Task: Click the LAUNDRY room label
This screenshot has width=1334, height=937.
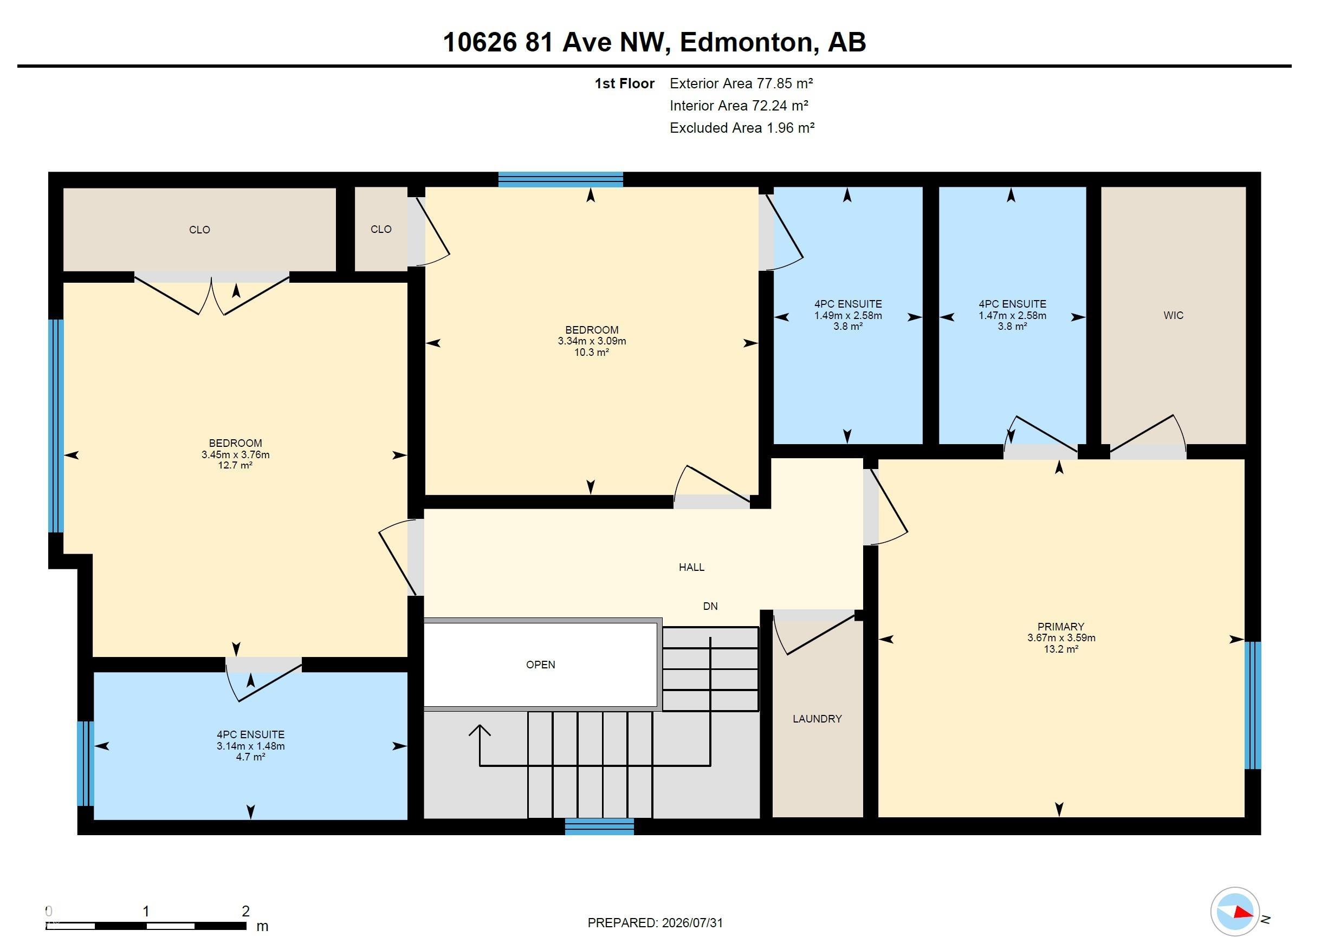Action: (x=817, y=719)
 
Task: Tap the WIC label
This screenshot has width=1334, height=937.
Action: (x=1173, y=315)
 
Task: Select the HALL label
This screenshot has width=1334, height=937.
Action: (x=691, y=567)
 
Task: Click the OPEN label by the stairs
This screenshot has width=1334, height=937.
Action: (x=540, y=665)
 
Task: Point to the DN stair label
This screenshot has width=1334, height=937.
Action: (x=710, y=606)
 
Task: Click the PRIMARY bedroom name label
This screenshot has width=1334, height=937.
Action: (x=1061, y=627)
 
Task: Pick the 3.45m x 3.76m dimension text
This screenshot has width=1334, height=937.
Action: (x=235, y=454)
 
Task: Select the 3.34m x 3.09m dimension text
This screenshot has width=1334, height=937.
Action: (x=592, y=341)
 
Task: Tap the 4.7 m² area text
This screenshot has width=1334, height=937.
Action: (x=250, y=757)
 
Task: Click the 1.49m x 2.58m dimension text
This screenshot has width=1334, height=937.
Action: (x=847, y=315)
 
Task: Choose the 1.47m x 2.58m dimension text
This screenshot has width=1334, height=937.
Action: (x=1012, y=315)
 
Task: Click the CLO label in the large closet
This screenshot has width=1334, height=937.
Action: (x=199, y=230)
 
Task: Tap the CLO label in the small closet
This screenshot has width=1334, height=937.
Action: (x=380, y=230)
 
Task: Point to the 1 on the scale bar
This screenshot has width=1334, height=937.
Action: (x=146, y=911)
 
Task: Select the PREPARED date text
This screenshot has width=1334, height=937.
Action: (x=656, y=922)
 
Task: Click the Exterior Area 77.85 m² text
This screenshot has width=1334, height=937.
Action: (x=741, y=83)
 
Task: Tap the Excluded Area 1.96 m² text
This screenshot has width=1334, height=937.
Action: (x=742, y=128)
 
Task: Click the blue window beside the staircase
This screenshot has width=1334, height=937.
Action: (x=599, y=827)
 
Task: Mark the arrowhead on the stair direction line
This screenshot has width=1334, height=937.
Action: (x=480, y=730)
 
